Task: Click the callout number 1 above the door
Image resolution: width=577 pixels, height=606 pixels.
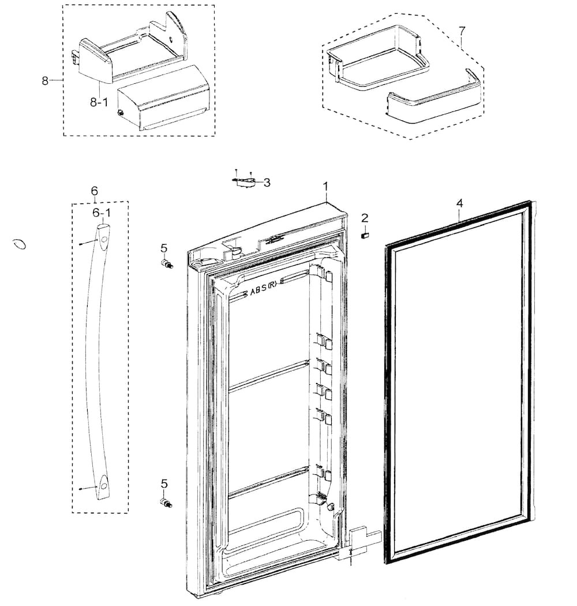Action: [x=325, y=187]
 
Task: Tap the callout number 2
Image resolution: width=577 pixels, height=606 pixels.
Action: [x=365, y=218]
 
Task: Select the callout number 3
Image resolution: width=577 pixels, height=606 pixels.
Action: [x=267, y=182]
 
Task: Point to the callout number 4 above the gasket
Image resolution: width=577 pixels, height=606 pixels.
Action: [x=460, y=203]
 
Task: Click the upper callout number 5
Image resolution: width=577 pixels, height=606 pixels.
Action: [x=164, y=248]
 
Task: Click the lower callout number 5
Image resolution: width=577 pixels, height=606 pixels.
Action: [x=164, y=484]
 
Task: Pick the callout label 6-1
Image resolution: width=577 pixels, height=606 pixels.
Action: [x=102, y=213]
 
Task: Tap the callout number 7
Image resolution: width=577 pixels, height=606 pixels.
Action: [x=462, y=30]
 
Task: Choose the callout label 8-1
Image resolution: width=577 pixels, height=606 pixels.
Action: [x=99, y=102]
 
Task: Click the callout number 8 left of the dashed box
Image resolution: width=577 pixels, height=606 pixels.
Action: [x=46, y=80]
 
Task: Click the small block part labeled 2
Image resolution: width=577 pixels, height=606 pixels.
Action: [x=365, y=235]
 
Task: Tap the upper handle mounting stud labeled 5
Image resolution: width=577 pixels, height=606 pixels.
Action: [x=166, y=264]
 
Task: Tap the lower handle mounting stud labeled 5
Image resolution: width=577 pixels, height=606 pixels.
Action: [x=166, y=503]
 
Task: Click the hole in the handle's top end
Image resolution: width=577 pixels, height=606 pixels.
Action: [x=104, y=240]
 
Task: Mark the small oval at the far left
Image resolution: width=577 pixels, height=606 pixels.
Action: [x=19, y=244]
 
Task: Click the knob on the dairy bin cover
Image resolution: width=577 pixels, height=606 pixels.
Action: [x=121, y=113]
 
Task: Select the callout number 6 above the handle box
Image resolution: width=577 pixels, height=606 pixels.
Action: [x=95, y=191]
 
